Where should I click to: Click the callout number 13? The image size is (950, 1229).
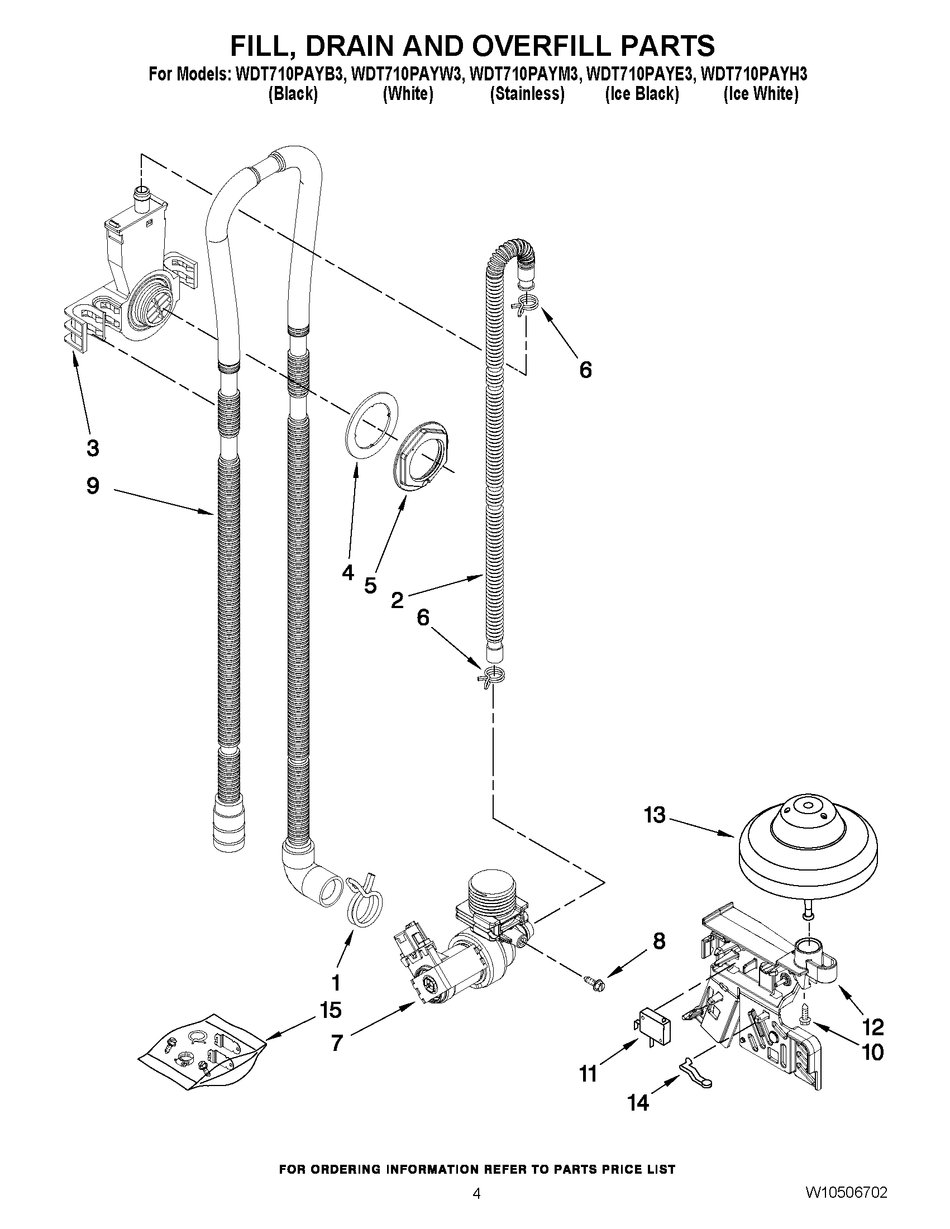tap(655, 815)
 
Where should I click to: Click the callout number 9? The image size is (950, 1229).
tap(93, 486)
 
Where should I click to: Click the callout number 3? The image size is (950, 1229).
tap(93, 448)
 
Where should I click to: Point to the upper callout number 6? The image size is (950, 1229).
tap(585, 370)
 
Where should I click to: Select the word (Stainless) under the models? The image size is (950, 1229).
tap(527, 94)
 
